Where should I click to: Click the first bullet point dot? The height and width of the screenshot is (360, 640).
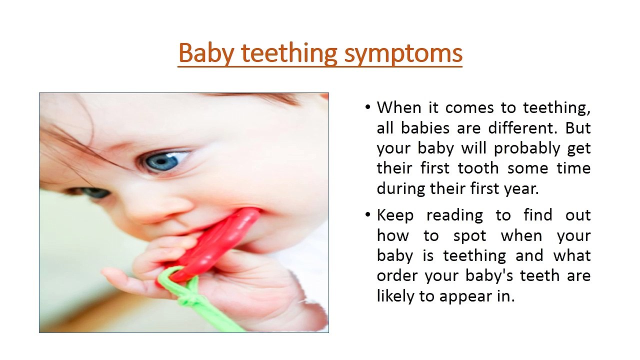click(368, 108)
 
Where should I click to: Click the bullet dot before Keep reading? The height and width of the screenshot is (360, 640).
click(368, 215)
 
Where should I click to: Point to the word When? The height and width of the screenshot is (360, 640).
click(396, 108)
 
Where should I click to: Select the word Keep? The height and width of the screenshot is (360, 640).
click(395, 215)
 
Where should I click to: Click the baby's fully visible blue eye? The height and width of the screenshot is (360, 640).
click(163, 160)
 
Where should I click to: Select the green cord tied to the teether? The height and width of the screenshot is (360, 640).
click(200, 300)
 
